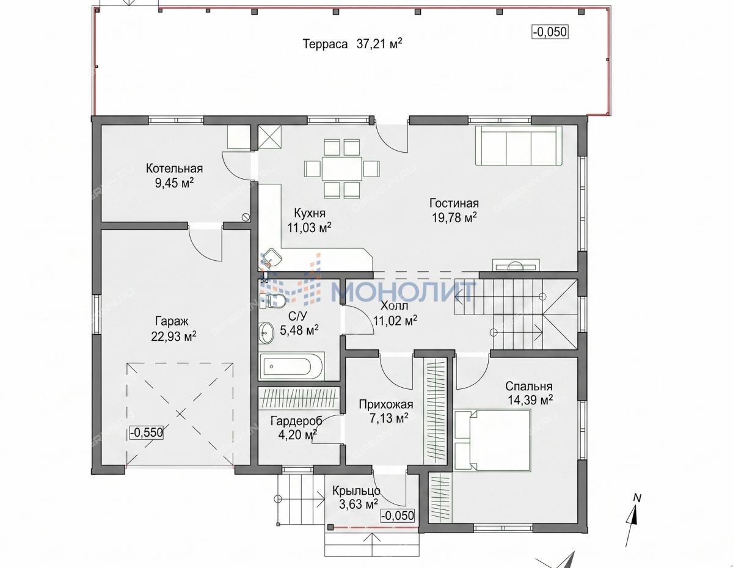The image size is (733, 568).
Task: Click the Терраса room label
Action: [325, 44]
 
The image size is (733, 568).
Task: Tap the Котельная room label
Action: [174, 169]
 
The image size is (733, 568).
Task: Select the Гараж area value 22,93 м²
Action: [173, 337]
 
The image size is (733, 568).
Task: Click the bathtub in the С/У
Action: [291, 366]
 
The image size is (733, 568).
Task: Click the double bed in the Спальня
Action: [492, 440]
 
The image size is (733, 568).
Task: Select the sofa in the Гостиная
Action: [519, 146]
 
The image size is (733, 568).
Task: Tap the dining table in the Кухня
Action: [341, 169]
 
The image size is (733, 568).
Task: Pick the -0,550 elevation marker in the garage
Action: [147, 432]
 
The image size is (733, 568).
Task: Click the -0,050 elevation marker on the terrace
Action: [550, 32]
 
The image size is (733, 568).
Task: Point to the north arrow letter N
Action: [637, 498]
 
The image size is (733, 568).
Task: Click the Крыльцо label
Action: [356, 491]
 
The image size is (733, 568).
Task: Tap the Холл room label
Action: [394, 305]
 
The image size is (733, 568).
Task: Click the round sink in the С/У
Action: [266, 333]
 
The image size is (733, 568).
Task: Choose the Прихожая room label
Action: [386, 404]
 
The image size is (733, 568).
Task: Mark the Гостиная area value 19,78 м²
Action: [454, 218]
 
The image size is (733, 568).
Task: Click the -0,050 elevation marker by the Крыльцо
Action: [398, 515]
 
